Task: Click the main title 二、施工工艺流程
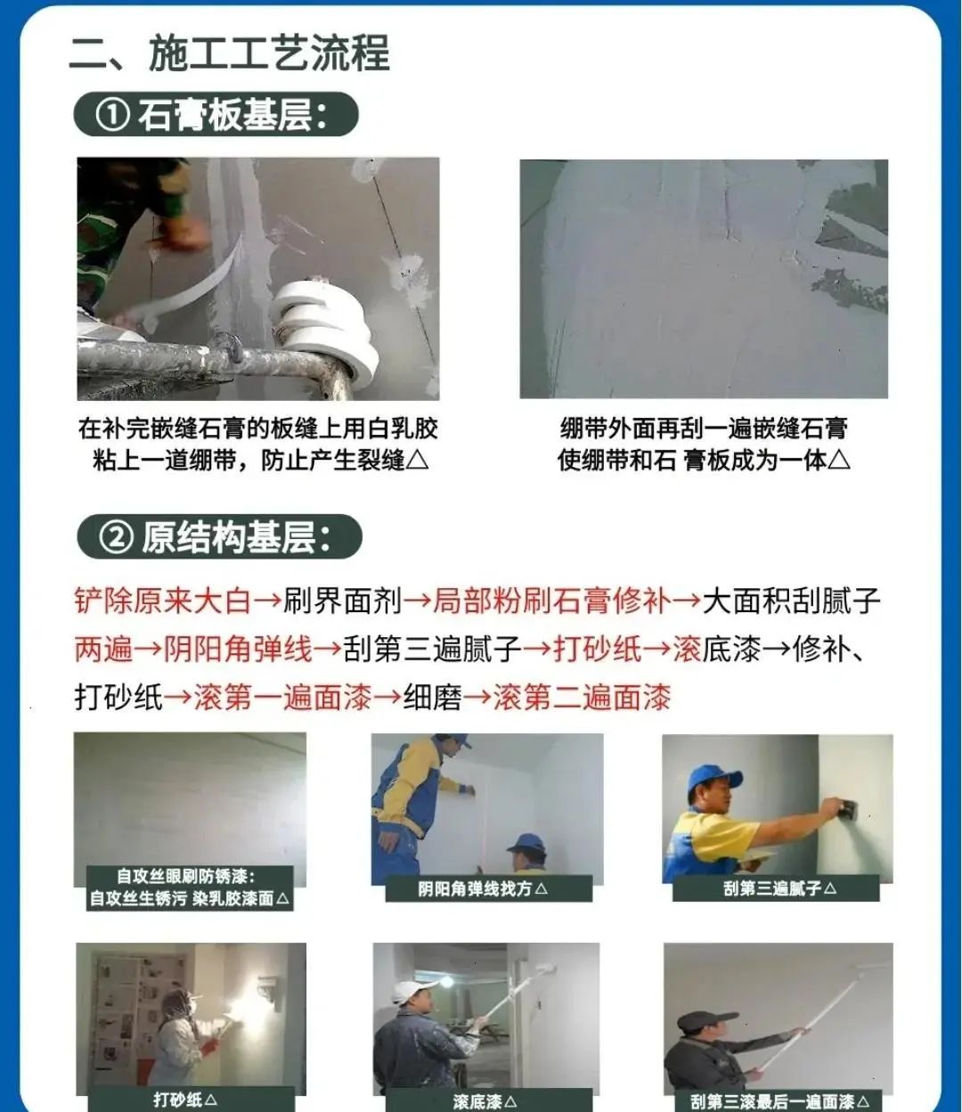coord(230,53)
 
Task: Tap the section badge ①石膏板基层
coord(216,115)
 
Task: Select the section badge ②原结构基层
coord(219,537)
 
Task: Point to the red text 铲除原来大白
coord(162,601)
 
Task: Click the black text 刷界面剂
coord(343,601)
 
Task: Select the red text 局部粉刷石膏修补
coord(552,601)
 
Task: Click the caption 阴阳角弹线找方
coord(483,888)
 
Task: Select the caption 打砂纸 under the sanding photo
coord(185,1100)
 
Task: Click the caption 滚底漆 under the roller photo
coord(484,1101)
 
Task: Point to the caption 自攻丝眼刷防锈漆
coord(190,877)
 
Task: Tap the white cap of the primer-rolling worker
coord(412,990)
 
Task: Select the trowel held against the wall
coord(844,808)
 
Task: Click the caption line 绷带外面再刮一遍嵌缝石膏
coord(704,429)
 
